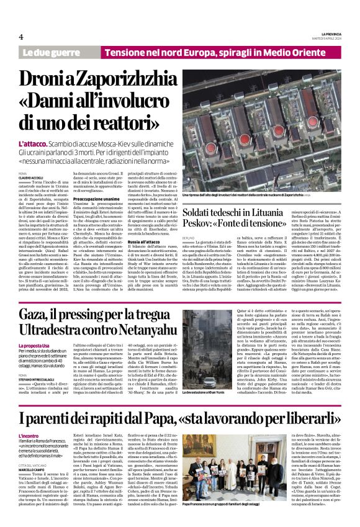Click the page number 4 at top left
tap(21, 37)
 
